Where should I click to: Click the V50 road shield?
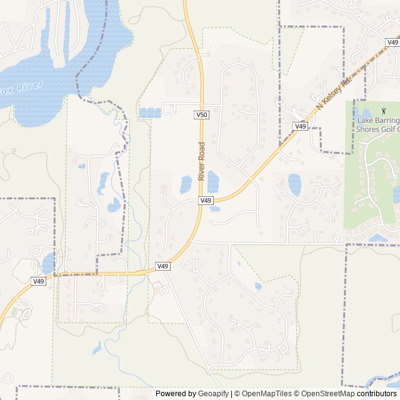[201, 115]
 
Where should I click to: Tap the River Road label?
[201, 162]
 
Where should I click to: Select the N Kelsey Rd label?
[334, 94]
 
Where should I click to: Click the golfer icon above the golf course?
[366, 111]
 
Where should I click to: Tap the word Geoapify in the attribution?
[212, 394]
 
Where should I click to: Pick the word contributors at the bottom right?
[377, 394]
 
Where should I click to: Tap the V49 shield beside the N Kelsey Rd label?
[300, 126]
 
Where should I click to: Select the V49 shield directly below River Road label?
[206, 201]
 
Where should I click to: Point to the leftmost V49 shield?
[39, 281]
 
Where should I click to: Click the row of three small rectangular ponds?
[149, 112]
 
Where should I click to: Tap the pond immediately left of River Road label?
[186, 184]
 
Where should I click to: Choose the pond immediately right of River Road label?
[213, 182]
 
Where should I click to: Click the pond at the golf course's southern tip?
[377, 238]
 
